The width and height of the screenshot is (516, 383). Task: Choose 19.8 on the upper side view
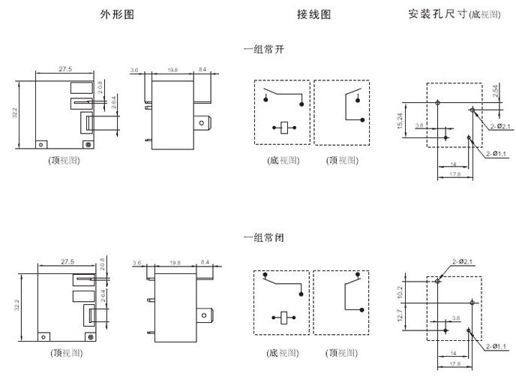click(x=173, y=70)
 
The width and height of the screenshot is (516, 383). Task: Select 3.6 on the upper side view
click(x=135, y=70)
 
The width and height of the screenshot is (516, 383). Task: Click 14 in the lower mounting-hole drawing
click(x=453, y=353)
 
